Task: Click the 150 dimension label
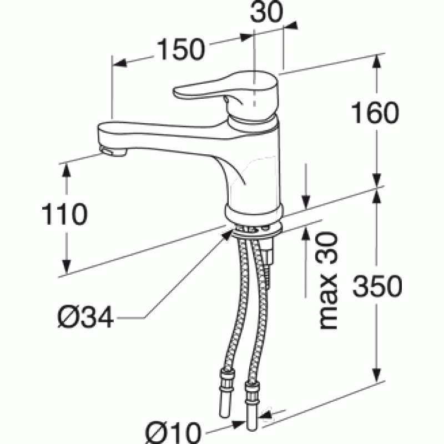pos(181,49)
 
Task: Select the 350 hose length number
pos(377,286)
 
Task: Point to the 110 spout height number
pos(64,214)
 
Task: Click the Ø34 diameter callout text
pos(85,317)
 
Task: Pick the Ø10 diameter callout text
pos(173,433)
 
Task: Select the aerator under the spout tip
pos(113,152)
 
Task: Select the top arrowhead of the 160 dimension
pos(377,61)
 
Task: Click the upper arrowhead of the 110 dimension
pos(67,170)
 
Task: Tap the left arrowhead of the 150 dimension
pos(120,63)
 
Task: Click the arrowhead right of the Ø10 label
pos(238,424)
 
